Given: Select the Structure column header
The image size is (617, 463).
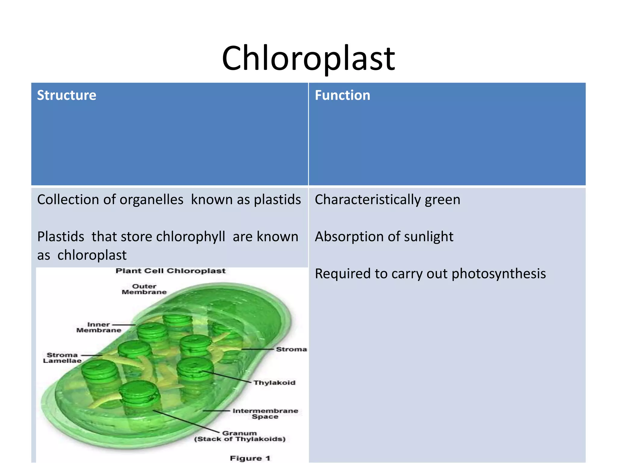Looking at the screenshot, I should pyautogui.click(x=67, y=95).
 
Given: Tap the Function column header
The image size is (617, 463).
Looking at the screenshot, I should pyautogui.click(x=342, y=95).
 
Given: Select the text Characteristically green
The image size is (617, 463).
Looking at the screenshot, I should pyautogui.click(x=387, y=200).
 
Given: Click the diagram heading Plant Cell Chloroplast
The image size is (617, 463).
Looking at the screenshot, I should pyautogui.click(x=171, y=271).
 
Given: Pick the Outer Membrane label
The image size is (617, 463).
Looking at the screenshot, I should pyautogui.click(x=144, y=289).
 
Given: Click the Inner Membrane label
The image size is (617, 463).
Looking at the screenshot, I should pyautogui.click(x=99, y=327).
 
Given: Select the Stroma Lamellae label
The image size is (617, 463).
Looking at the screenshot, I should pyautogui.click(x=62, y=358).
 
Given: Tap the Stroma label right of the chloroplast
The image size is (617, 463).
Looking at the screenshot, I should pyautogui.click(x=291, y=349).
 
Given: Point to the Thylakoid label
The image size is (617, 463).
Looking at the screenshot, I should pyautogui.click(x=274, y=383).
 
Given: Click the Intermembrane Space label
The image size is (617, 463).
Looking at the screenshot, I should pyautogui.click(x=265, y=414).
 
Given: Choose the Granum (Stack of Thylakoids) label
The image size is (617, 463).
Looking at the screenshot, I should pyautogui.click(x=240, y=436).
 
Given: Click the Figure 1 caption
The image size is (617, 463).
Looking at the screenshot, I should pyautogui.click(x=250, y=458).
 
